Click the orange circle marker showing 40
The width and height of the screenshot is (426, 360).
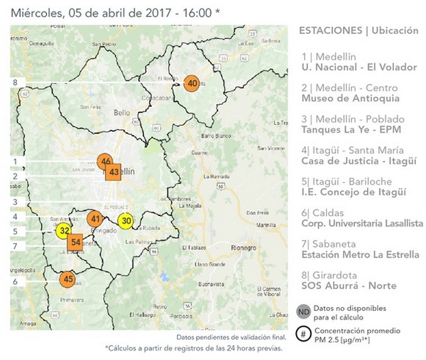[x=192, y=83]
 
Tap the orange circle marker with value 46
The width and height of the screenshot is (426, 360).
[x=106, y=161]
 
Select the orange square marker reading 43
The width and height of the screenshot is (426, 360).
[x=114, y=172]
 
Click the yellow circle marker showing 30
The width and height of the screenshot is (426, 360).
[x=126, y=221]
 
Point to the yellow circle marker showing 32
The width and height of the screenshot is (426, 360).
[x=64, y=230]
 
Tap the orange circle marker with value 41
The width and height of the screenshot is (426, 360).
[x=95, y=219]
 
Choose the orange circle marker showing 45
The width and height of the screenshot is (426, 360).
[x=68, y=279]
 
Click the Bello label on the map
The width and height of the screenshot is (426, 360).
[x=121, y=113]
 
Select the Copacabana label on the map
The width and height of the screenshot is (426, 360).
[x=157, y=99]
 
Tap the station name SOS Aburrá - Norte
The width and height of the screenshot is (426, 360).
[x=349, y=285]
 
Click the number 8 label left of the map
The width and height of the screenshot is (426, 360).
[x=14, y=82]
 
